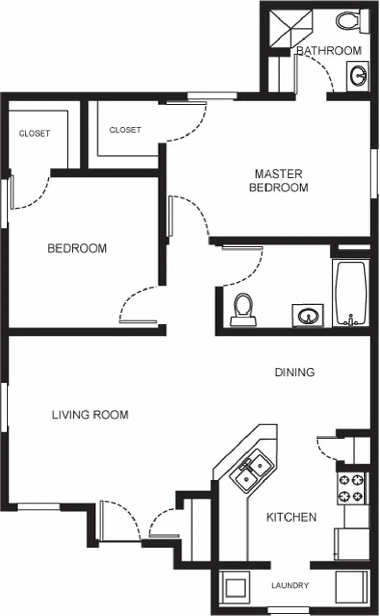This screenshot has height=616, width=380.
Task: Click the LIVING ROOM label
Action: pyautogui.click(x=90, y=414)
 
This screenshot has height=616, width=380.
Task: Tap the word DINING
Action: pyautogui.click(x=295, y=372)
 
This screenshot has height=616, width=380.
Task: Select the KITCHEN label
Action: pyautogui.click(x=291, y=517)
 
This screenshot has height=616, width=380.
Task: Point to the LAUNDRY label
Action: pyautogui.click(x=290, y=585)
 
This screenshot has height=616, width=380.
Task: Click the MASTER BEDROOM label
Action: pyautogui.click(x=279, y=181)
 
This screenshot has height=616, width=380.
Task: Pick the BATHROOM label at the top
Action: pyautogui.click(x=329, y=51)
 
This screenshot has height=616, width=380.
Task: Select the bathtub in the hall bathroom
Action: pyautogui.click(x=351, y=293)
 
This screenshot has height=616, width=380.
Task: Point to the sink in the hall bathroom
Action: pyautogui.click(x=308, y=315)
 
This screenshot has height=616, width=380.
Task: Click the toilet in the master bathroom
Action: pyautogui.click(x=352, y=21)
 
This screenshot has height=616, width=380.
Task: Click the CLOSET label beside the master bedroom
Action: pyautogui.click(x=125, y=130)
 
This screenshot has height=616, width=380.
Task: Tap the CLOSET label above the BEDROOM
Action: pyautogui.click(x=34, y=133)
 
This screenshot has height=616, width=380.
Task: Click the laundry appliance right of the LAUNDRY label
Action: pyautogui.click(x=351, y=588)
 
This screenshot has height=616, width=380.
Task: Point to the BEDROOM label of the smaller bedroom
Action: pyautogui.click(x=77, y=248)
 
